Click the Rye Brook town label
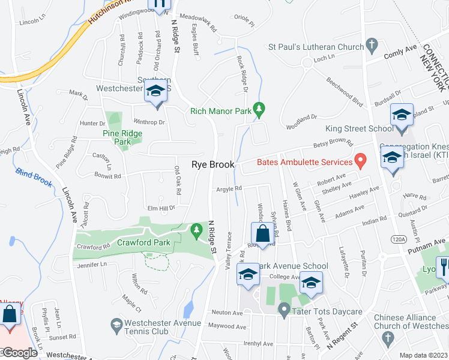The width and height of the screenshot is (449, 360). pyautogui.click(x=212, y=164)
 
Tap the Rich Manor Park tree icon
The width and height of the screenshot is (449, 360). pyautogui.click(x=259, y=109)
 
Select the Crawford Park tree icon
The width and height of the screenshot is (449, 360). pyautogui.click(x=196, y=229)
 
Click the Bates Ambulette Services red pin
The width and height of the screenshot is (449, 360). pyautogui.click(x=360, y=160)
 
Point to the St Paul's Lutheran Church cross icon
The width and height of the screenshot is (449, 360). pyautogui.click(x=372, y=46)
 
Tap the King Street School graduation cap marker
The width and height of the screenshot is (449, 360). pyautogui.click(x=402, y=116)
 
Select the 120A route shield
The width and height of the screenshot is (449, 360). pyautogui.click(x=399, y=239)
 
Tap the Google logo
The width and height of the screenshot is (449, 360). pyautogui.click(x=19, y=353)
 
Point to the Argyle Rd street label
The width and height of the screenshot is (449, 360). pyautogui.click(x=229, y=188)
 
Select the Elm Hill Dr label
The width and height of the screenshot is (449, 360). pyautogui.click(x=161, y=208)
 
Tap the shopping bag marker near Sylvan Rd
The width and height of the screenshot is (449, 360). pyautogui.click(x=262, y=233)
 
